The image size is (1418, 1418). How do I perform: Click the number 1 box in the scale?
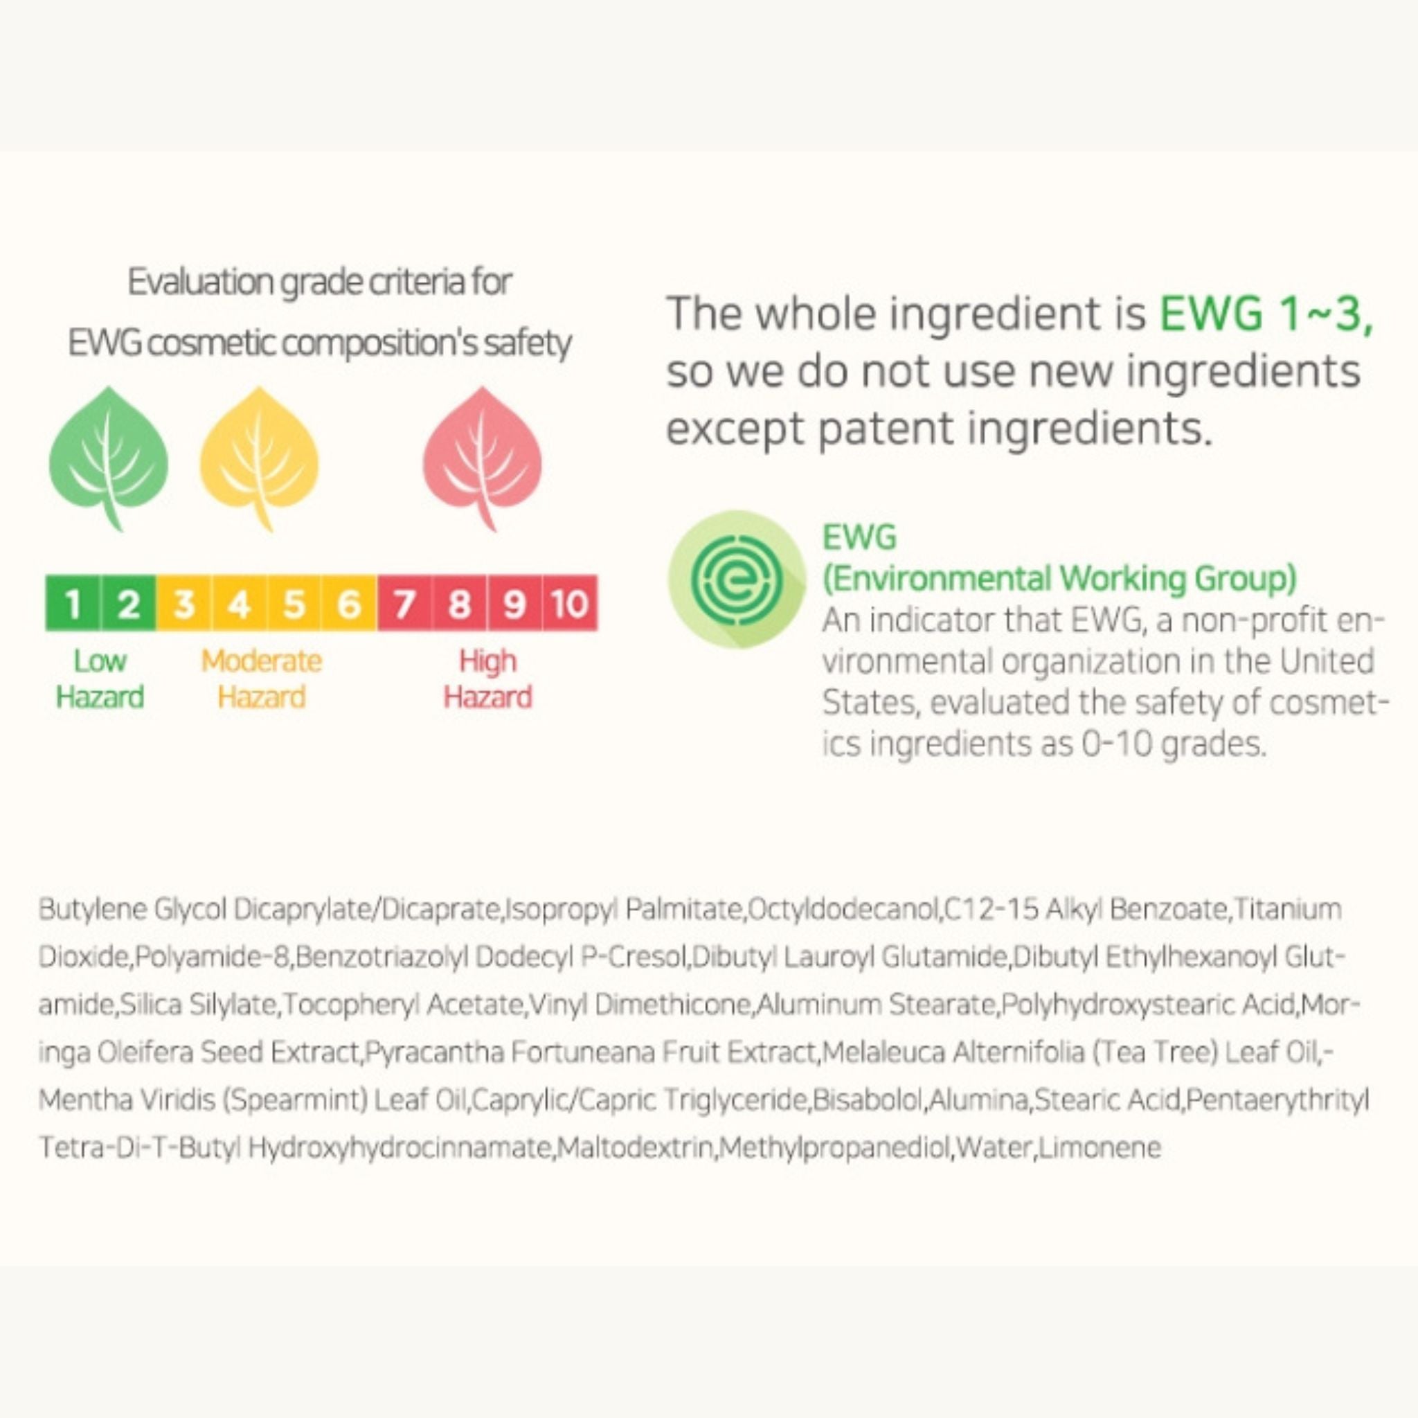coord(73,603)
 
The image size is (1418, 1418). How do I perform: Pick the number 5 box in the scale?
coord(294,603)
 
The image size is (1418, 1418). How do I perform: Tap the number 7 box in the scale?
coord(404,603)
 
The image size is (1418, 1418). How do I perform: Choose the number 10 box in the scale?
coord(571,603)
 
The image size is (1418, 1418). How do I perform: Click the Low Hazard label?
coord(100,679)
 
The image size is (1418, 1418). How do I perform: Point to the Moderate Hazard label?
coord(261,679)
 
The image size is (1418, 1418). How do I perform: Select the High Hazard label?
coord(487,679)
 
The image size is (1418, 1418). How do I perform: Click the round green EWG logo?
coord(736,580)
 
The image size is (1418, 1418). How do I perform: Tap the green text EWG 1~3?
coord(1266,314)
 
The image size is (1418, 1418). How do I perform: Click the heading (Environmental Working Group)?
coord(1059,579)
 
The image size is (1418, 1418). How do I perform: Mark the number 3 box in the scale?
coord(183,603)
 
